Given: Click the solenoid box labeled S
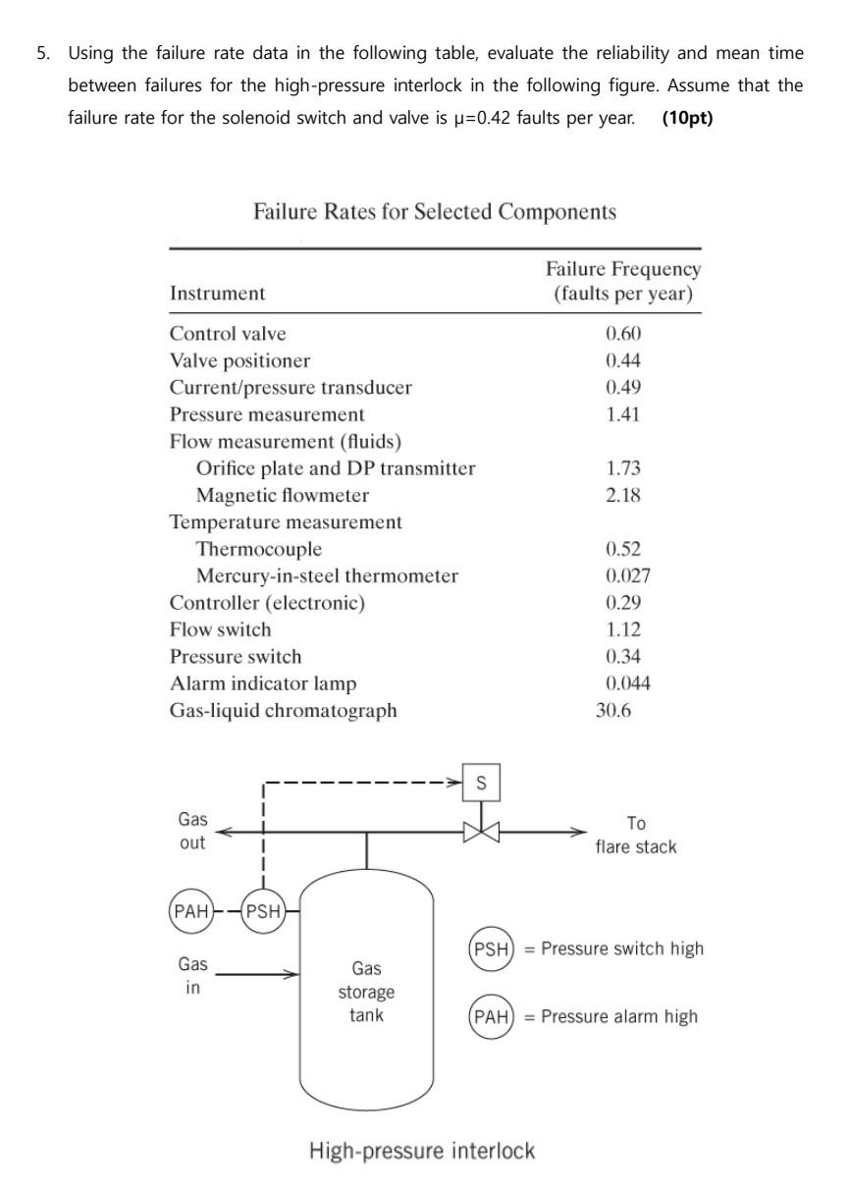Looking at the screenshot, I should tap(481, 783).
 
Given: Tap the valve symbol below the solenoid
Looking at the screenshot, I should tap(481, 833).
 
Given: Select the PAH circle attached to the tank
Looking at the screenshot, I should tap(191, 911).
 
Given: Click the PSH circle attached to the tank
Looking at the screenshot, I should tap(262, 911).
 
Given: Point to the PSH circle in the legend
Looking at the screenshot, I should tap(492, 949).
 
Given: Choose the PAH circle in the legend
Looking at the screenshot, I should tap(492, 1017).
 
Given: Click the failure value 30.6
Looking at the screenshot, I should tap(613, 710).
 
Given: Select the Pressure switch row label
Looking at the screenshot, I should tap(236, 657).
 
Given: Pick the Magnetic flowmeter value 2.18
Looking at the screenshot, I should tap(623, 495).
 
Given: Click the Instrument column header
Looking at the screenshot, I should tap(217, 294).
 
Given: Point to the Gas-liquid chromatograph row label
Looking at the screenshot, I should tap(283, 710).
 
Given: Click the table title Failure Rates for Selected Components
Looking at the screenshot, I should tap(435, 212).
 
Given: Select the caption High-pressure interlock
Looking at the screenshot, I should tap(422, 1150).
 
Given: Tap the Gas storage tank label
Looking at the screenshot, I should tap(366, 992).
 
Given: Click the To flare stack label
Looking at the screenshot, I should tap(635, 835).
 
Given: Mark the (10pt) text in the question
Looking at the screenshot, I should tap(687, 118).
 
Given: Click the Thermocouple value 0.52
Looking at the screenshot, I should tap(623, 549).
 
